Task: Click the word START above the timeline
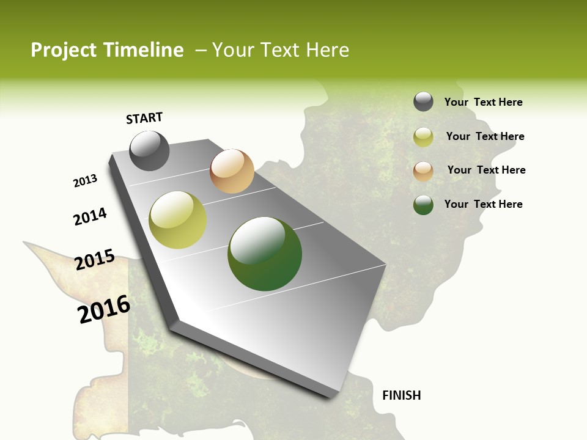[144, 118]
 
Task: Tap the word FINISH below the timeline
[402, 395]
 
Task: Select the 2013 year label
[85, 181]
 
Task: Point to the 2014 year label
[90, 216]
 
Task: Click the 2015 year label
[95, 260]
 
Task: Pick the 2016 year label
[104, 309]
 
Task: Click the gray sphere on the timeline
[149, 150]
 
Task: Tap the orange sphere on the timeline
[232, 171]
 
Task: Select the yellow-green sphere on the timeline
[178, 220]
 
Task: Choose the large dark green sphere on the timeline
[265, 254]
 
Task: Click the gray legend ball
[423, 101]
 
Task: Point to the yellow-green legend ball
[423, 137]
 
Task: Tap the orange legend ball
[423, 171]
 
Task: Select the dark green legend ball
[423, 205]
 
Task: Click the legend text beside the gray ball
[483, 103]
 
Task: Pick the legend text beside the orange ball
[486, 170]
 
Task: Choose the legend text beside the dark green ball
[483, 204]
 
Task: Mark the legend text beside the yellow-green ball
[485, 136]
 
